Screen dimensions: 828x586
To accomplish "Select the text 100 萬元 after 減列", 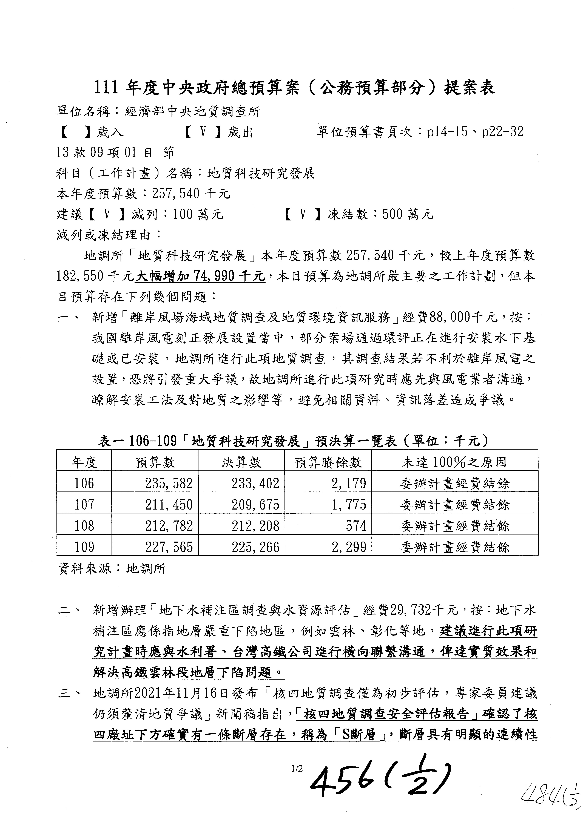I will [x=198, y=215].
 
